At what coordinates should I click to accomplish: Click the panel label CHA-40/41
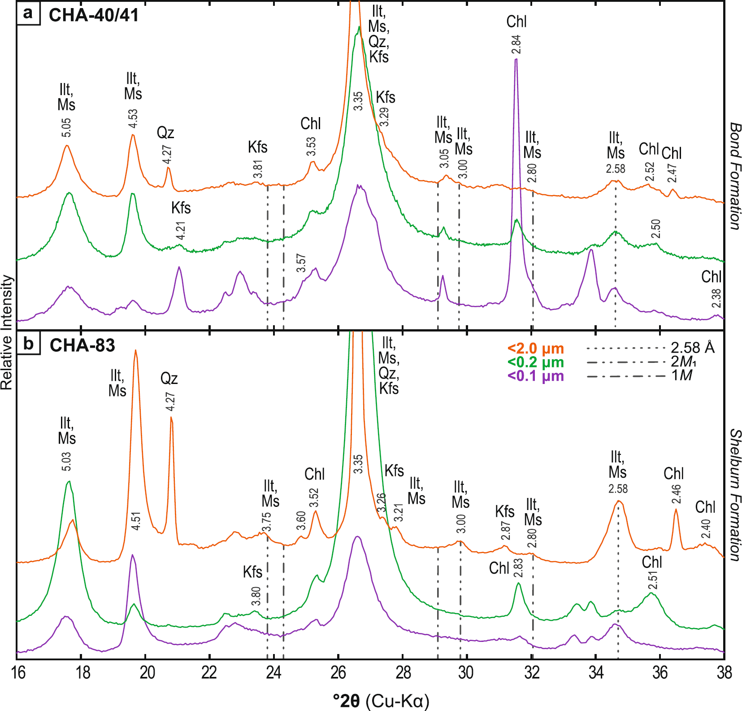tap(93, 15)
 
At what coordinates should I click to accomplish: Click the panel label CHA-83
tap(82, 345)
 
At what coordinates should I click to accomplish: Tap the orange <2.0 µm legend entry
tap(535, 349)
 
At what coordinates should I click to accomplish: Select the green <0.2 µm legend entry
tap(535, 362)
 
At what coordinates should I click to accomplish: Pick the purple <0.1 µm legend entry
tap(535, 376)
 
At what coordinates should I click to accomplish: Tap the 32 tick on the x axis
tap(531, 673)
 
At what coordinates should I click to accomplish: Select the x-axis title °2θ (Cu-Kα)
tap(381, 701)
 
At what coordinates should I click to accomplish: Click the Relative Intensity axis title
tap(7, 332)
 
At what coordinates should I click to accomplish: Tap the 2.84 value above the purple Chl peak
tap(516, 44)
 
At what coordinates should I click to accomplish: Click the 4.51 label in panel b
tap(136, 521)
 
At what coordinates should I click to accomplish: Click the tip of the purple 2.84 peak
tap(516, 59)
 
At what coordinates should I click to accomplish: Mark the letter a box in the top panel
tap(28, 13)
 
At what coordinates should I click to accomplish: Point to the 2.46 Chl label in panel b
tap(676, 494)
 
